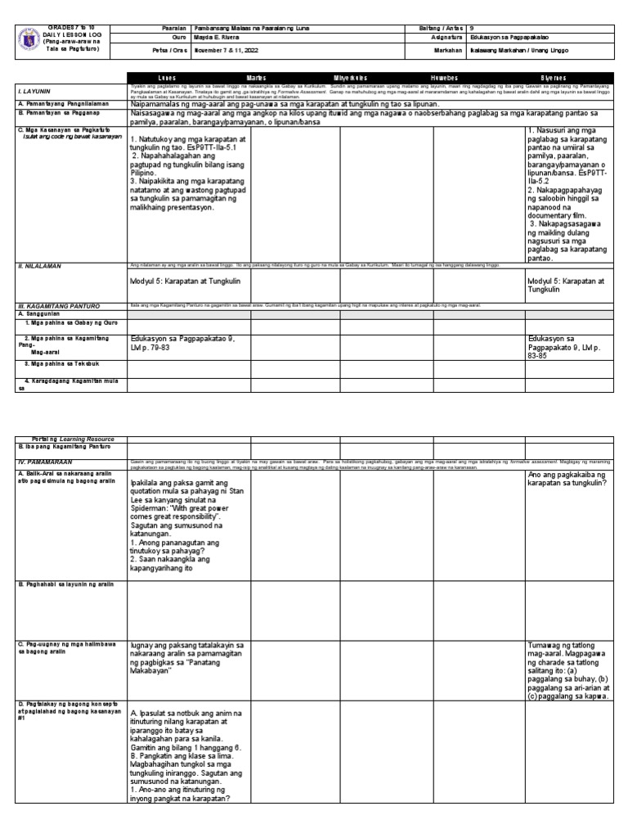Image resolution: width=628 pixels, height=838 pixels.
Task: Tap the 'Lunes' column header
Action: [167, 77]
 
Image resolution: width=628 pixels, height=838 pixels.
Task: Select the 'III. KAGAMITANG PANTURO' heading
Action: [57, 305]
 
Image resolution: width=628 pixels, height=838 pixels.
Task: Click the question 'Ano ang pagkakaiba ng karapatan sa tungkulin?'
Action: [568, 480]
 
